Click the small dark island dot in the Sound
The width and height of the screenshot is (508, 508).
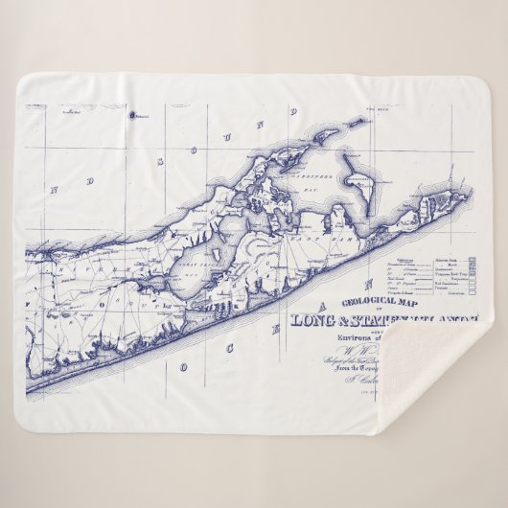pyautogui.click(x=132, y=115)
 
